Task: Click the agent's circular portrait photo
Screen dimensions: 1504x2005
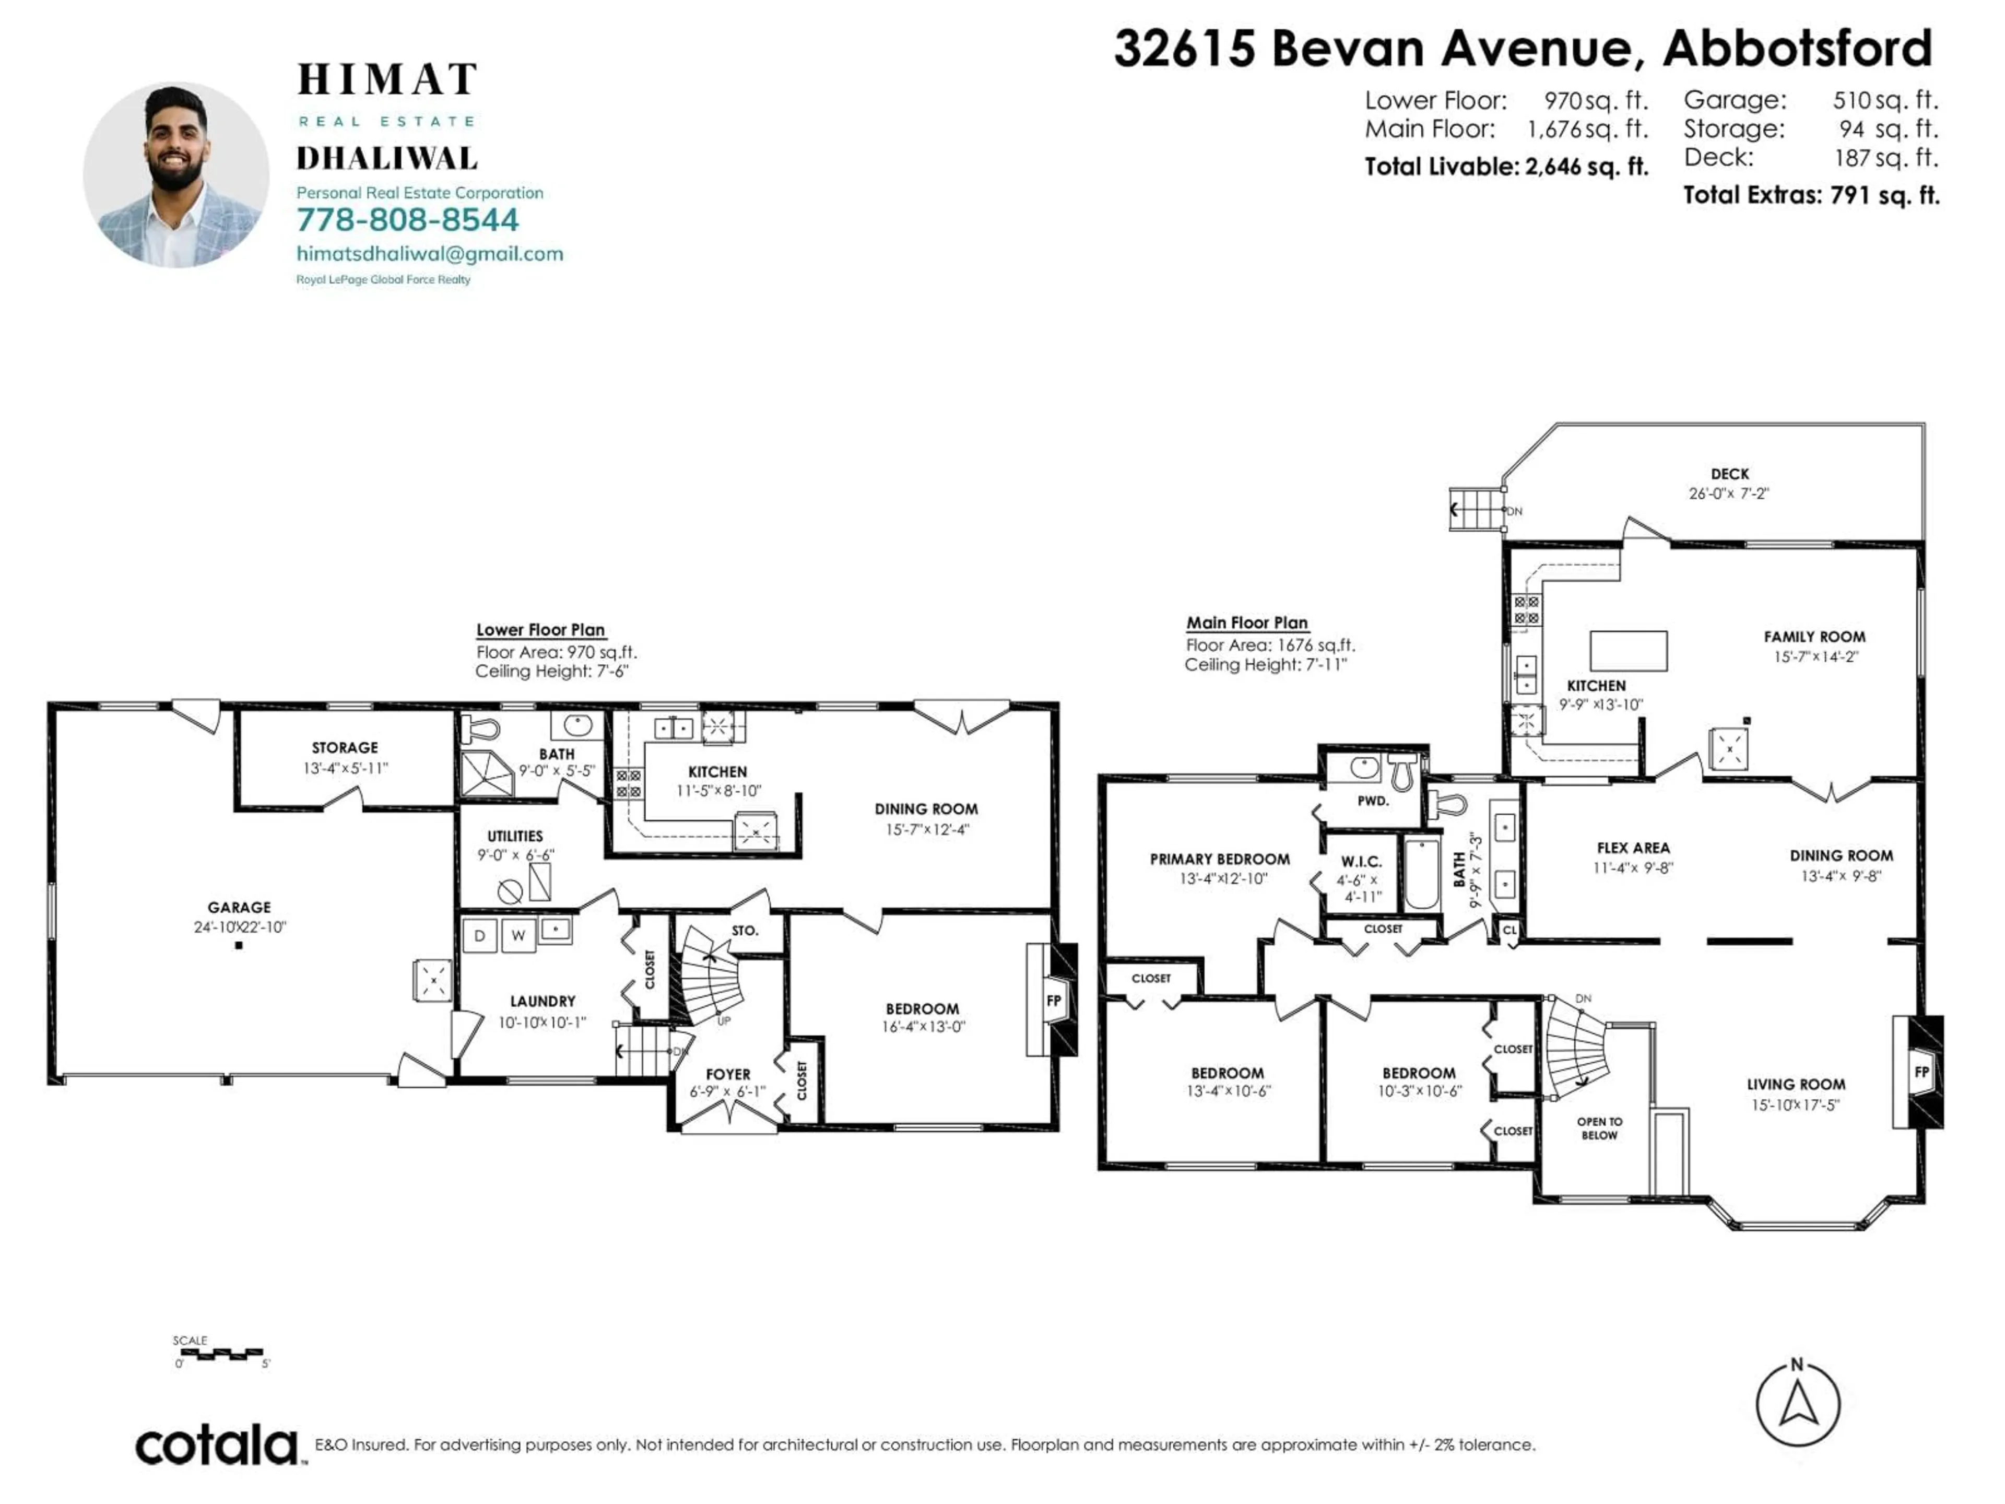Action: (176, 175)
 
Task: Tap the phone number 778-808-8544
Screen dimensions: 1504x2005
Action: (408, 220)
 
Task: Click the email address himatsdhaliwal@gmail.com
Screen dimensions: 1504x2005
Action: (430, 254)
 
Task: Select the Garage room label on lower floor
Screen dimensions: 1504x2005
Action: (239, 908)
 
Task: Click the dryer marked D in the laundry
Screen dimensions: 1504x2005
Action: (479, 936)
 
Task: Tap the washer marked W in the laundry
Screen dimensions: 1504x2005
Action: (518, 936)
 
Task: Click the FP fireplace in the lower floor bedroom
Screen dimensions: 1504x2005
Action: (1054, 1001)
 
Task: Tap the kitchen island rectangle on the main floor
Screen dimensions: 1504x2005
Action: (1629, 651)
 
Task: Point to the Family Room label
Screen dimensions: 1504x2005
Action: (1814, 637)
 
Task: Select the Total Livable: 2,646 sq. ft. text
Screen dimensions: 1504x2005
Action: (1506, 167)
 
